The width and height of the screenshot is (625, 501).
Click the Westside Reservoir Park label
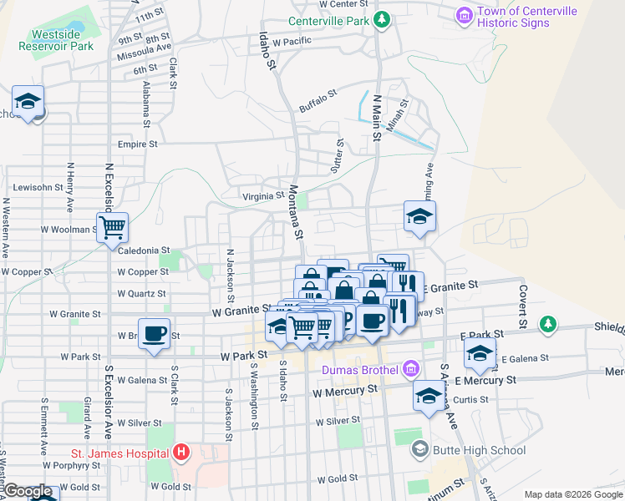point(62,41)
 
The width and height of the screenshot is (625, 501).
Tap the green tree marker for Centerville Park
point(381,19)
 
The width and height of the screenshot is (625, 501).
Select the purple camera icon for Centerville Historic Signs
point(464,16)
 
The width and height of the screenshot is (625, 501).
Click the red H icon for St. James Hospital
point(181,453)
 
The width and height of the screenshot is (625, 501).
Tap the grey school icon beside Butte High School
point(420,450)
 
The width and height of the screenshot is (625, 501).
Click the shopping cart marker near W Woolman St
point(112,226)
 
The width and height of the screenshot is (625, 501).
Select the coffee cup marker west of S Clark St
point(154,333)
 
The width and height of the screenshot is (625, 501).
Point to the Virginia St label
point(262,196)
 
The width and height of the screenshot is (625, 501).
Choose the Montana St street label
point(295,210)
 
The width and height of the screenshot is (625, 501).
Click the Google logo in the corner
point(28,491)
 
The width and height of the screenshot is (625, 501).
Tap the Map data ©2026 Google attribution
point(572,494)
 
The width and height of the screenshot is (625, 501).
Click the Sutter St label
point(340,154)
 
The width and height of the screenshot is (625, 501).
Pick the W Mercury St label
point(344,390)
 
